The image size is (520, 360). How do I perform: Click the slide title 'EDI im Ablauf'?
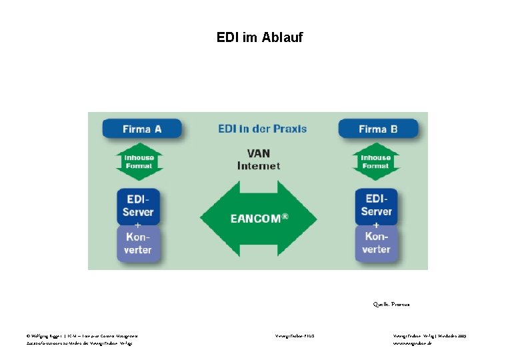click(259, 37)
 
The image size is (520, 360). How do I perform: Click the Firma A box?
click(141, 129)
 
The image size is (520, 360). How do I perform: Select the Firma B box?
click(378, 129)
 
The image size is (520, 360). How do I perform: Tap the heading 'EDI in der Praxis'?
click(262, 128)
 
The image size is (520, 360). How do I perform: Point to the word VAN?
click(259, 153)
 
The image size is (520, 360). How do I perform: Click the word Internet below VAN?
click(259, 165)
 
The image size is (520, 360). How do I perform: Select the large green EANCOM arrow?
click(258, 218)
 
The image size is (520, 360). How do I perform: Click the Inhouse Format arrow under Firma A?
click(139, 162)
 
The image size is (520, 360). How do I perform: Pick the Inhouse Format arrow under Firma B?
click(376, 162)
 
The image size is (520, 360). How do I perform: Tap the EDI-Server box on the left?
click(138, 205)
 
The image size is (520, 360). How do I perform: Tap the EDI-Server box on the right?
click(377, 205)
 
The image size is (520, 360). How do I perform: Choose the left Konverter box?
click(138, 244)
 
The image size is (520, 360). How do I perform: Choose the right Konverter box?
click(377, 243)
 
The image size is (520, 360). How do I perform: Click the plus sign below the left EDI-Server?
click(138, 225)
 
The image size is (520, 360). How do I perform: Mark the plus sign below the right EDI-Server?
click(377, 225)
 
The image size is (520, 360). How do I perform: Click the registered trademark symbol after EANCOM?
click(285, 215)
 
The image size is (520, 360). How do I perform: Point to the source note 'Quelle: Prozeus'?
click(391, 304)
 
